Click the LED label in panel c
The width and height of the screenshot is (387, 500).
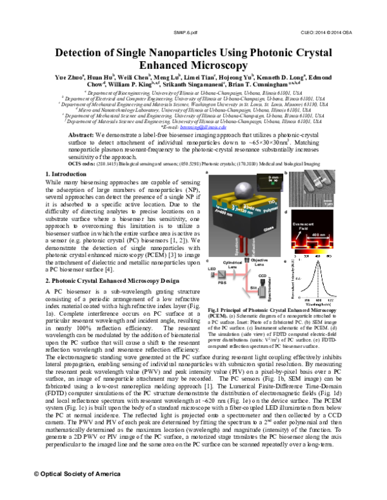(211, 271)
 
